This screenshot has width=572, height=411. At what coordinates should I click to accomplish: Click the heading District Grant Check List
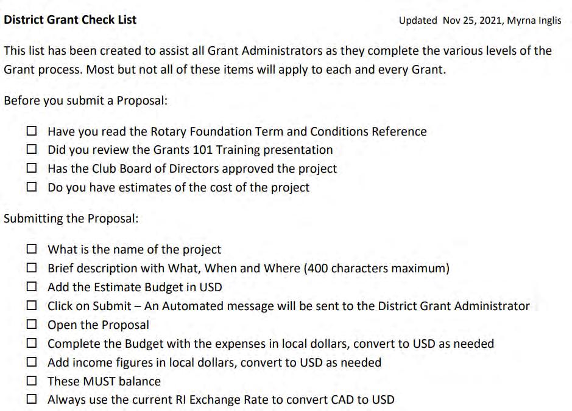coord(70,19)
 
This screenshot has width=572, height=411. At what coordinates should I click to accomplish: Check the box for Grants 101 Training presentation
coord(32,150)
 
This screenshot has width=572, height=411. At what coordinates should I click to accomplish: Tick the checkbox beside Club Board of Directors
coord(32,168)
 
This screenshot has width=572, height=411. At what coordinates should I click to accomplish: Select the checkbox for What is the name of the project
coord(32,249)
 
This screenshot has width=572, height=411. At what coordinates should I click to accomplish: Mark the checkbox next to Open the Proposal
coord(32,325)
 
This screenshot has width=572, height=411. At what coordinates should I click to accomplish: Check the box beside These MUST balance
coord(32,381)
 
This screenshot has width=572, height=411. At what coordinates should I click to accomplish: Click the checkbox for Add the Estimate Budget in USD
coord(32,287)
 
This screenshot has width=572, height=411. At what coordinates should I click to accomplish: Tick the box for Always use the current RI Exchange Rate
coord(32,400)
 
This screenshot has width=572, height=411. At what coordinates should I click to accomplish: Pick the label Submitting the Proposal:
coord(71,218)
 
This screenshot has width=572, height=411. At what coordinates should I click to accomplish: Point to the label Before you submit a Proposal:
coord(85,100)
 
